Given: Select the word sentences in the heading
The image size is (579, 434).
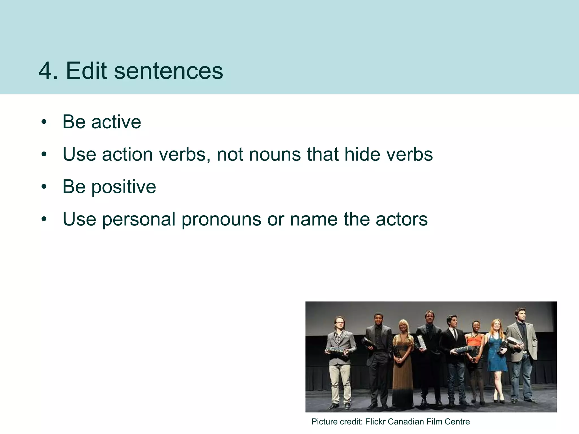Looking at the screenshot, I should [x=168, y=71].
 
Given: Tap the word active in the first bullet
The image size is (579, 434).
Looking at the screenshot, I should [x=116, y=122].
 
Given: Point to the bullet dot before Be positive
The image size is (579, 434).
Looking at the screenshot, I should [x=44, y=187].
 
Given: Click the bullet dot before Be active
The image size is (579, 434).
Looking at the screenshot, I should [x=44, y=122].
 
